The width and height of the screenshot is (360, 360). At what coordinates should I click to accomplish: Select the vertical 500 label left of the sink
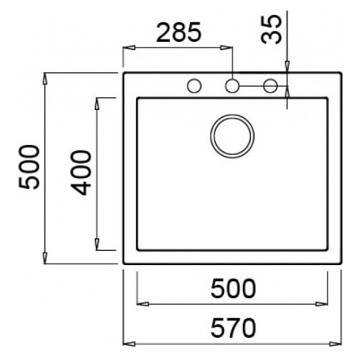[x=28, y=168]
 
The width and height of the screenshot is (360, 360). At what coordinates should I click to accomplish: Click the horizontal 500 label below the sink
[x=232, y=288]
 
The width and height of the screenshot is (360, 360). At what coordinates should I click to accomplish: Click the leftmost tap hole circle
[x=192, y=85]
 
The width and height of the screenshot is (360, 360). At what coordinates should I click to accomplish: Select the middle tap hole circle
[x=233, y=85]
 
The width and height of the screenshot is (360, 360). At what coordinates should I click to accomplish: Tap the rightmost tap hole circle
[x=270, y=85]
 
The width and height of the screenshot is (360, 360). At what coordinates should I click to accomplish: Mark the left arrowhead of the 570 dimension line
[x=128, y=343]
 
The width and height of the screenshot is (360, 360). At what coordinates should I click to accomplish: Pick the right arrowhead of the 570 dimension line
[x=338, y=343]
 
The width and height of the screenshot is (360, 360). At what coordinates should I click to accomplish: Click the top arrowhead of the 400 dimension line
[x=97, y=100]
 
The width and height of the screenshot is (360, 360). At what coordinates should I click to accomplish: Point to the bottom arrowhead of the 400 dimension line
[x=97, y=245]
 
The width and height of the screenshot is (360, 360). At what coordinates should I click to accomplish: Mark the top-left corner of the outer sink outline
[x=124, y=74]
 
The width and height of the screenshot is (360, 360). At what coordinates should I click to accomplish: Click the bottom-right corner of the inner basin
[x=328, y=249]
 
